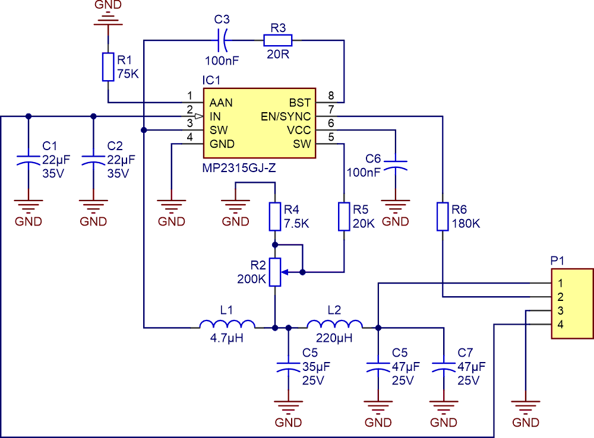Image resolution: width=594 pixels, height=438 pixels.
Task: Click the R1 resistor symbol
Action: pos(108,66)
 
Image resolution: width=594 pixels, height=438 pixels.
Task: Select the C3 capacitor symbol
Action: pos(222,40)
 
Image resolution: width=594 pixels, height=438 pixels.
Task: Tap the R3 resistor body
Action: pos(278,40)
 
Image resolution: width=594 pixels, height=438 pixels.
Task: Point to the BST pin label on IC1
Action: pos(300,103)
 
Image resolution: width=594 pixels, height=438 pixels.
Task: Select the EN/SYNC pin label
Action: pos(286,116)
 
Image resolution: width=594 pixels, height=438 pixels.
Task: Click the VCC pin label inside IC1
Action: pos(299,130)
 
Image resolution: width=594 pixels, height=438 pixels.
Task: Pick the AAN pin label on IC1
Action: pos(221,103)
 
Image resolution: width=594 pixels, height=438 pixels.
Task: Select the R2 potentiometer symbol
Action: pos(274,272)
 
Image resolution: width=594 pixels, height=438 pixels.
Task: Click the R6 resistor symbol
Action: pos(442,217)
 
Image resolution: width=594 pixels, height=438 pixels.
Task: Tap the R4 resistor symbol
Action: pos(274,217)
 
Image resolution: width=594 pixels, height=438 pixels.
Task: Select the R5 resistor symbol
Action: pos(344,217)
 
